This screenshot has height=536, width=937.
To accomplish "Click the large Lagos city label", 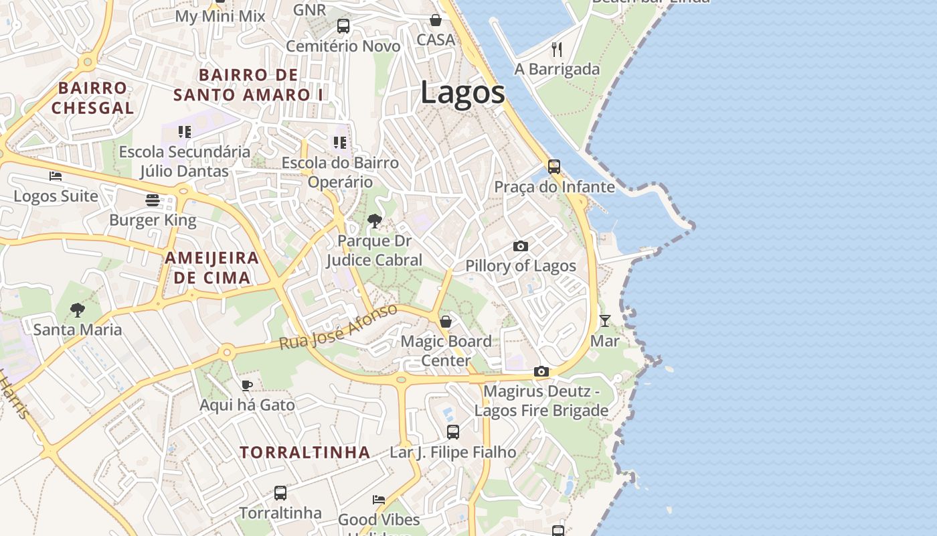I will tap(462, 92).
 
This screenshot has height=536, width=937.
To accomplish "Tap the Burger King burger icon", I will tap(153, 200).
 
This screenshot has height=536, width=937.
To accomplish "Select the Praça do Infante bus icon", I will tap(554, 167).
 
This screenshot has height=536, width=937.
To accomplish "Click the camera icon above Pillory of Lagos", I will tap(521, 247).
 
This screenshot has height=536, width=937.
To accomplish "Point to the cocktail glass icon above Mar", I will tap(605, 321).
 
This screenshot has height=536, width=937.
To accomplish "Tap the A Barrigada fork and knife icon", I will tap(557, 49).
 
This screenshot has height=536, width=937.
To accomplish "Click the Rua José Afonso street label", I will tap(339, 327).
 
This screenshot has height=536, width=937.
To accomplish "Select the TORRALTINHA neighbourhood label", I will tap(305, 452).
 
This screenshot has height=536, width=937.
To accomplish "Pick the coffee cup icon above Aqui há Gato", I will tap(247, 385).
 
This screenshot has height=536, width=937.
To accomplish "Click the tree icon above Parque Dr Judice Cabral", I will tap(375, 220).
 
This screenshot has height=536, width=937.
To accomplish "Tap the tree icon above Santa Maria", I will tap(78, 310).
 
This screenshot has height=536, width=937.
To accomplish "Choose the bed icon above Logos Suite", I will tap(56, 176).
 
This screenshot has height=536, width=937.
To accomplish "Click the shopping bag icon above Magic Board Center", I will tap(446, 322).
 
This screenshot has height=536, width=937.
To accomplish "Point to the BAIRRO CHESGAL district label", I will tap(92, 98).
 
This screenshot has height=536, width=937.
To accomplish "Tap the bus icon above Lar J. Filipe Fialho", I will tap(453, 432).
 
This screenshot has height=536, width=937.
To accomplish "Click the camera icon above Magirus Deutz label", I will tap(541, 371).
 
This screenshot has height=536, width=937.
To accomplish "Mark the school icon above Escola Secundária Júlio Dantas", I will tap(185, 132).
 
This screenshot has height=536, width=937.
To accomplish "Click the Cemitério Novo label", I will tap(343, 46).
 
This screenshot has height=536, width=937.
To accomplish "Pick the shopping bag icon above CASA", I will tap(436, 20).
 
